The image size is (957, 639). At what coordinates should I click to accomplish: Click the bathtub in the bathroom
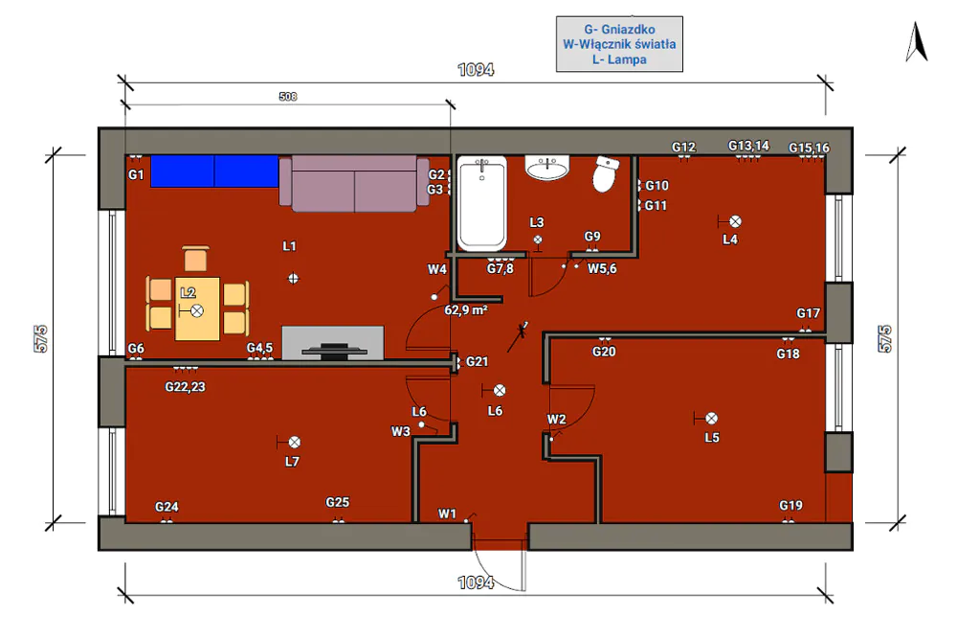click(481, 203)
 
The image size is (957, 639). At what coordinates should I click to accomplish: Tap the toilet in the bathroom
click(606, 173)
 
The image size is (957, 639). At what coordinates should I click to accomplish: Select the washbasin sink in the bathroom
click(547, 168)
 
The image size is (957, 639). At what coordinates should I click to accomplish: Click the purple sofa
click(354, 183)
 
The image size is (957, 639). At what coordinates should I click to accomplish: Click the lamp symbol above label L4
click(735, 221)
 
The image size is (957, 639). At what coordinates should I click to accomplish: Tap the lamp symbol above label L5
click(712, 419)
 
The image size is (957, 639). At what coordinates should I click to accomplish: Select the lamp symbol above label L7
click(294, 442)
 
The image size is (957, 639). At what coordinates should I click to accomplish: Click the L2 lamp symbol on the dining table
click(196, 311)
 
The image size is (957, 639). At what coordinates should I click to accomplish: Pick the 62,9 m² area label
click(466, 310)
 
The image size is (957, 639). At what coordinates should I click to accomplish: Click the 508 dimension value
click(287, 97)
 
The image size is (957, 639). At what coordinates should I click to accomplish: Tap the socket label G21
click(477, 361)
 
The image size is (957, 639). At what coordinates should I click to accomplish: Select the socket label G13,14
click(748, 146)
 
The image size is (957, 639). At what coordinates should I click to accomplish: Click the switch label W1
click(447, 513)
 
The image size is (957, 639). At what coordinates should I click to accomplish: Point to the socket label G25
click(337, 502)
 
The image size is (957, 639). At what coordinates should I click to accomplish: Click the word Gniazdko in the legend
click(628, 30)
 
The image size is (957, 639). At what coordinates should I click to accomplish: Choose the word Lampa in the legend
click(627, 59)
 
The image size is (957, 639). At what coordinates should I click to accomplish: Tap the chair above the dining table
click(195, 259)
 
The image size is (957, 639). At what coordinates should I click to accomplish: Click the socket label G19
click(790, 505)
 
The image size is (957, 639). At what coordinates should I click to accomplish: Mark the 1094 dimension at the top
click(476, 70)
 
